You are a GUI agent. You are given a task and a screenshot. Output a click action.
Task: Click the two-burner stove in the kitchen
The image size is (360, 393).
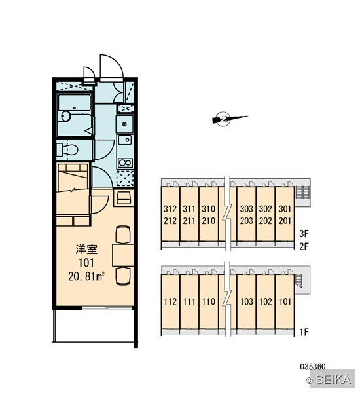coord(125,162)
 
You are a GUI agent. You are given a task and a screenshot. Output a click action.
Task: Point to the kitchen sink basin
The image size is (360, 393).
coord(125,140)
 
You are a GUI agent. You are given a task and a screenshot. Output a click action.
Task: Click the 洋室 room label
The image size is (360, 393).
coord(86,250)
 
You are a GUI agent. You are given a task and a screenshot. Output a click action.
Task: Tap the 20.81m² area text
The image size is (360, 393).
coord(86,276)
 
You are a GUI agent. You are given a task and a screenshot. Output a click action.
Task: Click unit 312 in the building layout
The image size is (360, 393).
coord(170,208)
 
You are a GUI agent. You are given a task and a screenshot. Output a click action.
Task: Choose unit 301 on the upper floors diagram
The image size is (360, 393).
coord(285,208)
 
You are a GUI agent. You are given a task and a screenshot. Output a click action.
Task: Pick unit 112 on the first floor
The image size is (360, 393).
coord(170,301)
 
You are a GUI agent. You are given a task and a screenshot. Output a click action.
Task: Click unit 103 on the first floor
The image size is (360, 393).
coord(247,301)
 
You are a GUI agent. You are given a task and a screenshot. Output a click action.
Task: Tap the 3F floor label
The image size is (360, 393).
coord(304,234)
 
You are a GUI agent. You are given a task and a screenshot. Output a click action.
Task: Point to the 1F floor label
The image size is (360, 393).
coord(304,332)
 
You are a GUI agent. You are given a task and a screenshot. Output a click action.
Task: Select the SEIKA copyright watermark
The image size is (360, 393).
coord(330,379)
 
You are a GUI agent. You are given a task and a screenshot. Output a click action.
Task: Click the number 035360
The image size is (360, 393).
coord(313,367)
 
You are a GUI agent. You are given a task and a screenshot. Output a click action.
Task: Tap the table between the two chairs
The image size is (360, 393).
coord(123,255)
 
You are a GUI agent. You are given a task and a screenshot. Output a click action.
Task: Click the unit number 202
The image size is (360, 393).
coord(266,221)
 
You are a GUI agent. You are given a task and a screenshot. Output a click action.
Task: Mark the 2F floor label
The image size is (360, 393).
coord(304,247)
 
